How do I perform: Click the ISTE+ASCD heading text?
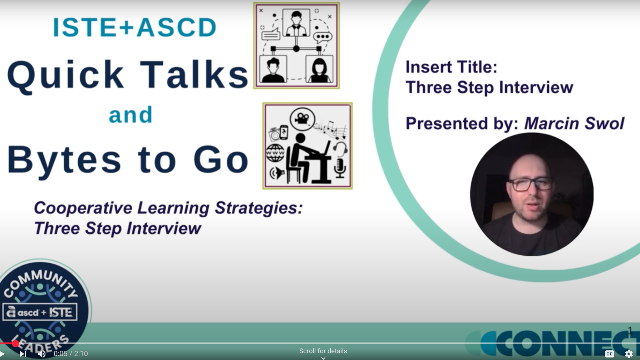click(x=135, y=27)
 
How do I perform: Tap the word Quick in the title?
click(x=65, y=75)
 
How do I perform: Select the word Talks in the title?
click(x=194, y=75)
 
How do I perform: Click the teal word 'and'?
click(x=131, y=115)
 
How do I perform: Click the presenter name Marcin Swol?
click(x=574, y=123)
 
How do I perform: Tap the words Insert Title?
click(x=451, y=67)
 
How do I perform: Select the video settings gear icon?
click(x=629, y=354)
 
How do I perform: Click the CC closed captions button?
click(x=609, y=354)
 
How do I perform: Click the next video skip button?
click(x=23, y=354)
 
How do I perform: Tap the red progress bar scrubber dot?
click(x=15, y=343)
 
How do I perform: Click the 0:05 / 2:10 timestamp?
click(x=71, y=354)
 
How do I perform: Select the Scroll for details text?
click(x=323, y=351)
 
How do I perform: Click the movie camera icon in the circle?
click(x=302, y=119)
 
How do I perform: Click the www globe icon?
click(x=275, y=153)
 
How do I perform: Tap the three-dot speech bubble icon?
click(x=323, y=37)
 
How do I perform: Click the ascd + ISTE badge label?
click(x=40, y=312)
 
